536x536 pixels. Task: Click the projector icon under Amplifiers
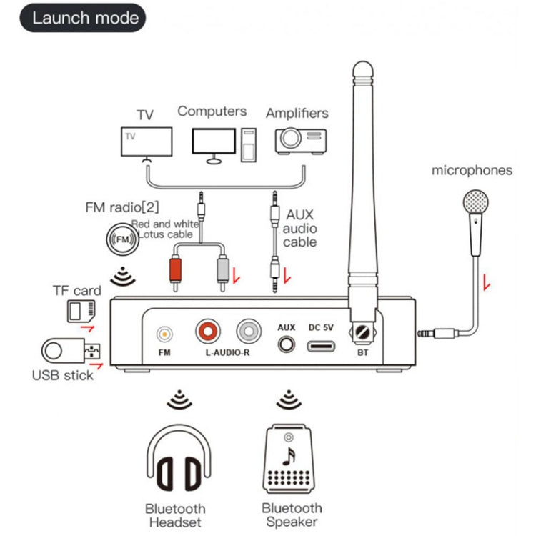[x=300, y=141]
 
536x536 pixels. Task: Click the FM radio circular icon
[x=123, y=239]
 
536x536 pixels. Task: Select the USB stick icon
[x=71, y=351]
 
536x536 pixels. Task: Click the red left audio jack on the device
[x=209, y=331]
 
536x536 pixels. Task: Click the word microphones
[x=472, y=170]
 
